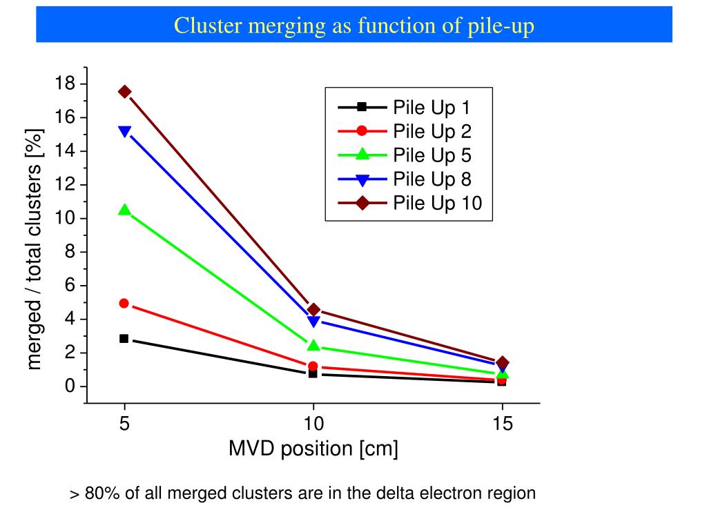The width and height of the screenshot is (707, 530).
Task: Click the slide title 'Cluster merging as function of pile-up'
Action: tap(353, 26)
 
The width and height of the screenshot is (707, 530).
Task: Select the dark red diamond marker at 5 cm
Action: tap(124, 92)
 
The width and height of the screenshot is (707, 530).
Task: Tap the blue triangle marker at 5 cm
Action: tap(124, 131)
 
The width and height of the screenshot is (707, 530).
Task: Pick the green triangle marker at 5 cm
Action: tap(124, 210)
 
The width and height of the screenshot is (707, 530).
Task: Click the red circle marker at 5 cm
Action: tap(124, 304)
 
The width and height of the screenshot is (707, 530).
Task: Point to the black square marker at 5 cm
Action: tap(124, 339)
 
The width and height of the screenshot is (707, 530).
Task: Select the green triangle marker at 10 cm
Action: tap(313, 345)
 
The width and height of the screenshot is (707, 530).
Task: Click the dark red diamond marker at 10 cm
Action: tap(313, 310)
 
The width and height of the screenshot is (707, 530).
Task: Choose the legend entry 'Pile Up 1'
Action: tap(432, 107)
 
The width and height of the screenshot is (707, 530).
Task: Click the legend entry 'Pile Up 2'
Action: tap(432, 131)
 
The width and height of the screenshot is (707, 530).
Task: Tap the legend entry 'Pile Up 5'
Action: tap(432, 155)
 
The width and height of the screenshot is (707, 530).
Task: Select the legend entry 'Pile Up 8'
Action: tap(432, 179)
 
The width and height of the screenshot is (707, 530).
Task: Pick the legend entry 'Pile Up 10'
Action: tap(436, 204)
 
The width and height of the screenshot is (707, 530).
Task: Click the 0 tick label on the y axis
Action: tap(70, 386)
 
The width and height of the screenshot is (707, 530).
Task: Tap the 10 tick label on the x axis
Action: tap(313, 424)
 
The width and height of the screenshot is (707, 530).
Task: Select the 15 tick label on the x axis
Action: tap(503, 424)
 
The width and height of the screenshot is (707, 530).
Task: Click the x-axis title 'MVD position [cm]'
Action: tap(313, 449)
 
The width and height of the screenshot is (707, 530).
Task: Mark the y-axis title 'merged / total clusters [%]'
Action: tap(35, 248)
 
